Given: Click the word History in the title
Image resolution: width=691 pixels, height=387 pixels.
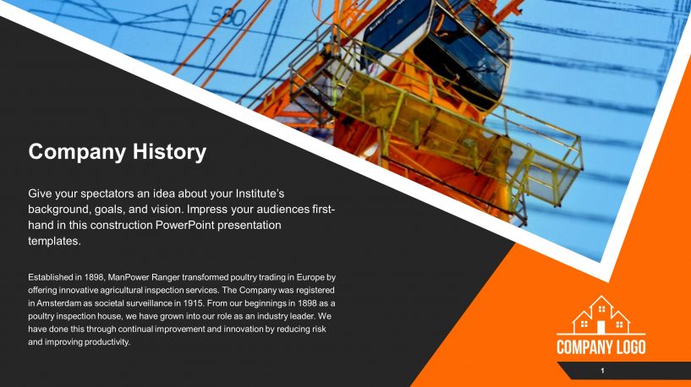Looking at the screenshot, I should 167,152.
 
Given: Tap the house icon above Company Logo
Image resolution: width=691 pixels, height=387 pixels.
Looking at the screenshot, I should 601,315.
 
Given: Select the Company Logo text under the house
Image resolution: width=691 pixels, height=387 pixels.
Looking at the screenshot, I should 601,347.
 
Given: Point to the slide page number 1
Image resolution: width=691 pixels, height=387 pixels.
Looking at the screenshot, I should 601,372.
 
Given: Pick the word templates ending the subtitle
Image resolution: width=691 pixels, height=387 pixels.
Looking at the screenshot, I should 54,241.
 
